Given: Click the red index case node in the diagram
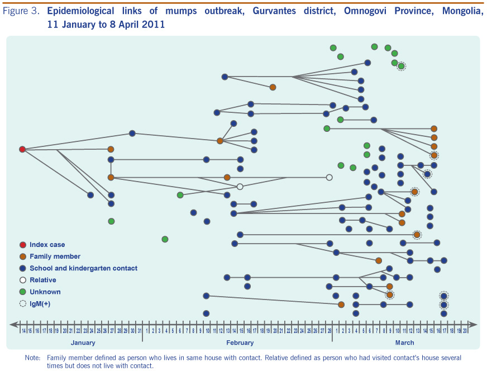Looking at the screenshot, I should (22, 149).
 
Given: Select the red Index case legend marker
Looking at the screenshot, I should (22, 245).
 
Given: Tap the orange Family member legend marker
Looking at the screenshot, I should (22, 256).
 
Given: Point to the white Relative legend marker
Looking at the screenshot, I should (22, 280).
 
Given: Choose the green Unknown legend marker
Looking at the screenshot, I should (22, 292).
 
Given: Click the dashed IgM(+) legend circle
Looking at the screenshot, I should (22, 303).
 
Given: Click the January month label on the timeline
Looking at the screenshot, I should (83, 343).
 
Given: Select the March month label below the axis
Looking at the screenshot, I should (404, 343).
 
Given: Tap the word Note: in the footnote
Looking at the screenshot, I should (33, 357).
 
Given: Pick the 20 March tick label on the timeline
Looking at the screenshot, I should (465, 331).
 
